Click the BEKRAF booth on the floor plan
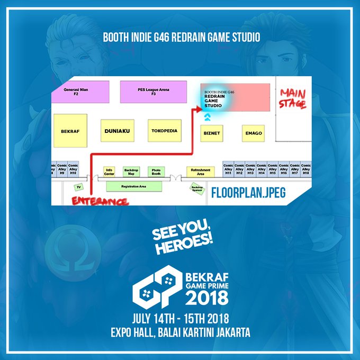(x=70, y=129)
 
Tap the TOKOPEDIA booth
(x=164, y=130)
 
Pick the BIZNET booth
(x=211, y=133)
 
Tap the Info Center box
(x=110, y=171)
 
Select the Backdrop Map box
(x=131, y=171)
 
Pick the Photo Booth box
(x=156, y=171)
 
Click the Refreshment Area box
(x=201, y=172)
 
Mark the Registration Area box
(x=133, y=186)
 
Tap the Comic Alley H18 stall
(x=305, y=169)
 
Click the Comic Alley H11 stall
(x=228, y=169)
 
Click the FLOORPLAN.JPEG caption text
(x=248, y=193)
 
